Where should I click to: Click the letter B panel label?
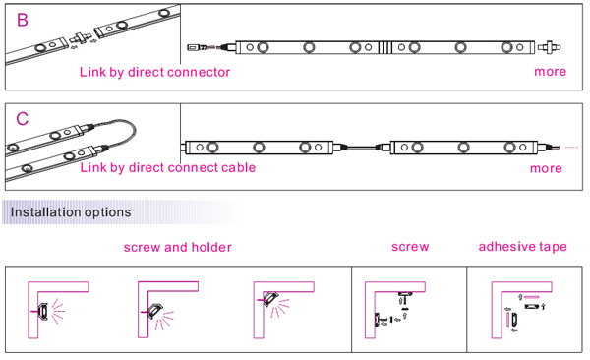tap(23, 20)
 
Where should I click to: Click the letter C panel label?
tap(23, 119)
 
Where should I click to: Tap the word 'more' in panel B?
tap(550, 72)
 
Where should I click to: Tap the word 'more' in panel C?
tap(546, 168)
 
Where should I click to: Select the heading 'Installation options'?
tap(71, 212)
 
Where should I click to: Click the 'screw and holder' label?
tap(178, 248)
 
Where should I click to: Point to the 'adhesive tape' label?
tap(523, 247)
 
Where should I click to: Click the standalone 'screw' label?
tap(410, 247)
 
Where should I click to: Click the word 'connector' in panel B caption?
tap(199, 72)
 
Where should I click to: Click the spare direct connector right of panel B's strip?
tap(550, 47)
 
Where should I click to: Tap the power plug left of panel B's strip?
tap(206, 48)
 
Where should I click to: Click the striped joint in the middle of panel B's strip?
tap(384, 47)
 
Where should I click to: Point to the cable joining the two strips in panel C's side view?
tap(361, 148)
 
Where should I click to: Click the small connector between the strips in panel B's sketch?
tap(81, 37)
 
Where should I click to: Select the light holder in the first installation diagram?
tap(42, 312)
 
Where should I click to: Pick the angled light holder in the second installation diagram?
tap(154, 311)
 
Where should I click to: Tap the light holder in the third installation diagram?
tap(269, 299)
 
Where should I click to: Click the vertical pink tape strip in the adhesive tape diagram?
tap(508, 320)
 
